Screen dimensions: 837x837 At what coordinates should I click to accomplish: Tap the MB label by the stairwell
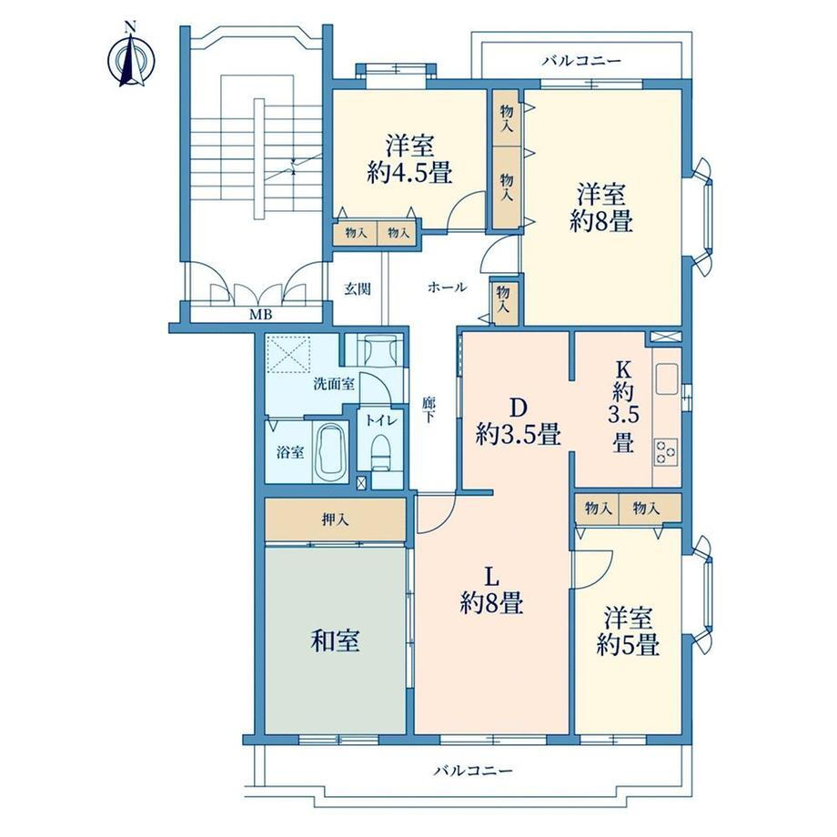point(261,315)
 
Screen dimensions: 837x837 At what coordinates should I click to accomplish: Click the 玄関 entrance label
point(358,289)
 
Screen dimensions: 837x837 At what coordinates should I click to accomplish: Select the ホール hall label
point(448,287)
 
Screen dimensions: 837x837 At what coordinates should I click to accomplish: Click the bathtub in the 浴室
point(330,452)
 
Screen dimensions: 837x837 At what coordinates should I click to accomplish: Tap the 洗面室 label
point(334,383)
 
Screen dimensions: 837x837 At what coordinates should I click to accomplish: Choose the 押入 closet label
point(336,519)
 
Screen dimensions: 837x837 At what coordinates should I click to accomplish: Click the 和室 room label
point(335,640)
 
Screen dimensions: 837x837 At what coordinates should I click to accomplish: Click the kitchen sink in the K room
point(667,378)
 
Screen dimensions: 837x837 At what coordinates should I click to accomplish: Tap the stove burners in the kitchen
point(666,451)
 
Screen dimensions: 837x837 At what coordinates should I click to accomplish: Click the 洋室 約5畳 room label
point(629,632)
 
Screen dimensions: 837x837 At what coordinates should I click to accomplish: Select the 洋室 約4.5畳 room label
point(410,159)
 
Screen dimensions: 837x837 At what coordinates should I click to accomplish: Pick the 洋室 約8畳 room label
point(601,207)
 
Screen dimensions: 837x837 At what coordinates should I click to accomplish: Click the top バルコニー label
point(582,61)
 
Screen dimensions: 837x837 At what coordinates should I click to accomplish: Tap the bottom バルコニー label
point(473,771)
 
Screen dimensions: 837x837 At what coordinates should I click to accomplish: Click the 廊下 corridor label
point(429,410)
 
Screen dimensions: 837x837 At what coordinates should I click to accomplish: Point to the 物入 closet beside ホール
point(504,299)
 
